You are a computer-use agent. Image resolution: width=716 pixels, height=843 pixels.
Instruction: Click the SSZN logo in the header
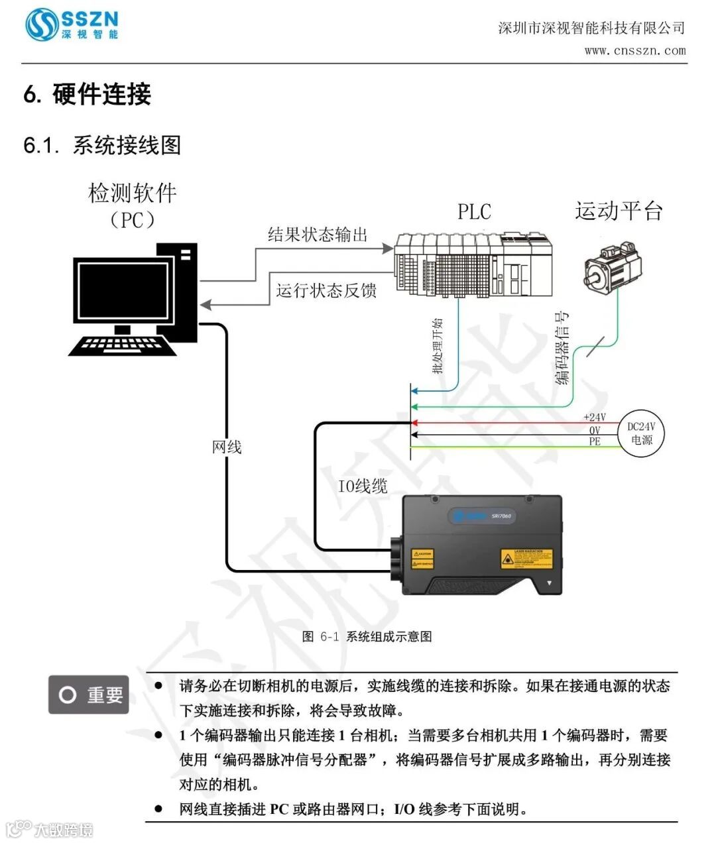(x=72, y=25)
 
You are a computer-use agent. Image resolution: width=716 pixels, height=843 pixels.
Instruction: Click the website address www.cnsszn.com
(x=634, y=50)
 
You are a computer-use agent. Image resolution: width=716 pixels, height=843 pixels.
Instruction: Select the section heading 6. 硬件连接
(x=88, y=94)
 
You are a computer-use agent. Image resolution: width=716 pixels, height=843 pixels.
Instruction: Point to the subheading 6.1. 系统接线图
(x=102, y=144)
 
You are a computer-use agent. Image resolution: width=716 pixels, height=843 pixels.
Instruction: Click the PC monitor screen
(x=123, y=291)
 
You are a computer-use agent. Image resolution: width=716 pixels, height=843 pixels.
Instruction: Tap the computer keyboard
(x=123, y=345)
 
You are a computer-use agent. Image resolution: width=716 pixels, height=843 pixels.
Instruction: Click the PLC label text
(x=474, y=211)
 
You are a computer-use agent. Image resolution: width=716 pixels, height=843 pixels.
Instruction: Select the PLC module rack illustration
(x=473, y=264)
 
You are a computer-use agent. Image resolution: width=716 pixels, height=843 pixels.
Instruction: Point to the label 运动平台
(x=619, y=211)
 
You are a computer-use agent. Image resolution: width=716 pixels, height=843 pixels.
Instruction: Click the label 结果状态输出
(x=318, y=235)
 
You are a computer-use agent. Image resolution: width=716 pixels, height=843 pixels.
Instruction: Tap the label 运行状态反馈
(x=326, y=290)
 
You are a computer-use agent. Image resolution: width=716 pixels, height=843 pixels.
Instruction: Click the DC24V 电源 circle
(x=641, y=434)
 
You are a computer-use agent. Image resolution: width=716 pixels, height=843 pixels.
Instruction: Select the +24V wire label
(x=594, y=417)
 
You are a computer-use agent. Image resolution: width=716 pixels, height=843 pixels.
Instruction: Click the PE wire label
(x=595, y=441)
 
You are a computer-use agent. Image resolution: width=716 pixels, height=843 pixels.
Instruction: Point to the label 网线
(x=227, y=447)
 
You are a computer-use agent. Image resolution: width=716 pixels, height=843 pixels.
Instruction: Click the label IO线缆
(x=363, y=486)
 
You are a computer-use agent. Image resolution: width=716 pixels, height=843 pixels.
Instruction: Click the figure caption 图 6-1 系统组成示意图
(x=367, y=636)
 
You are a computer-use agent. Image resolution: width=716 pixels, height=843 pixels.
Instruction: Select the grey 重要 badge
(x=89, y=695)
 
